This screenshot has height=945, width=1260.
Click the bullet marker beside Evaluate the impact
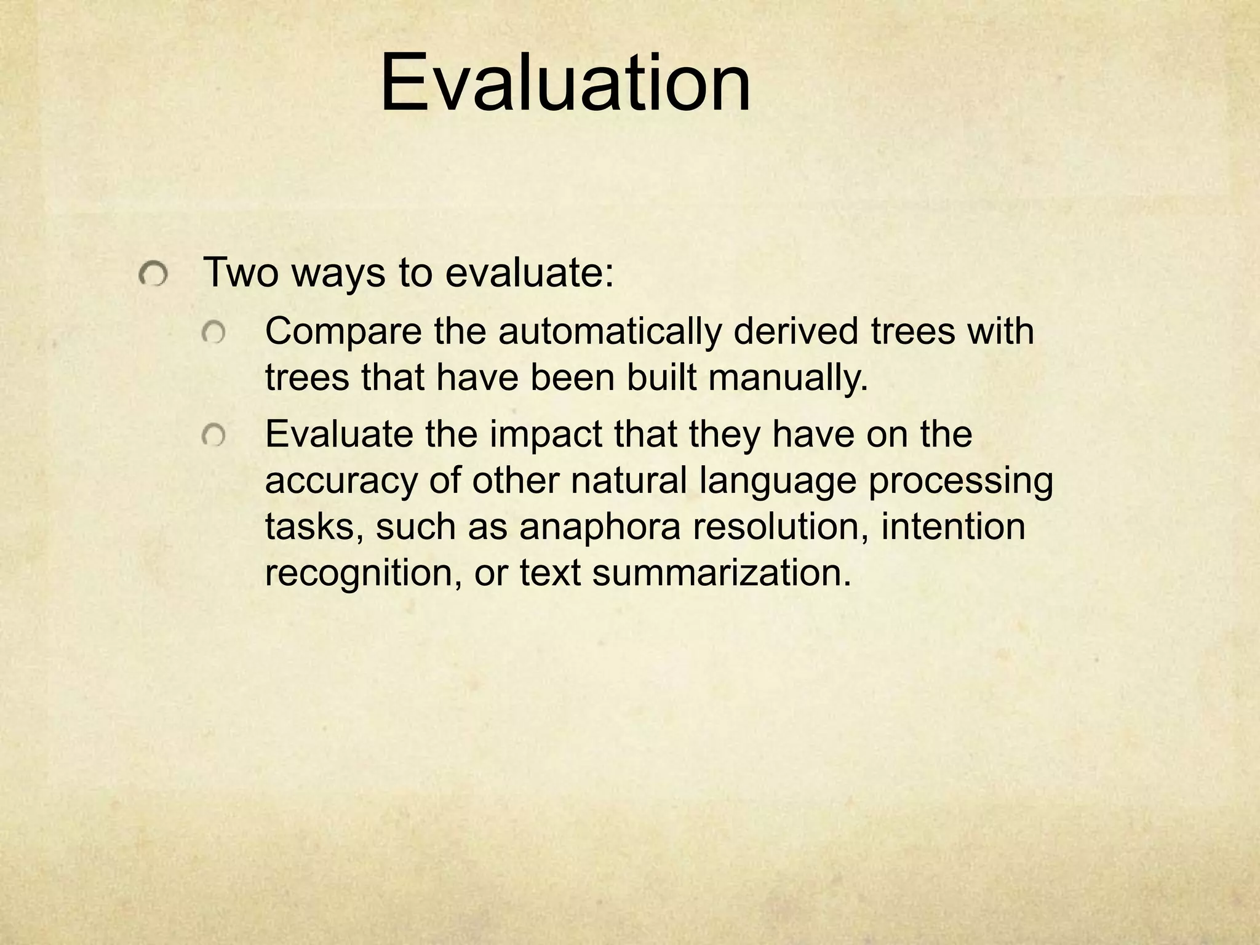point(213,436)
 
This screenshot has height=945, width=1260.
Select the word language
point(778,482)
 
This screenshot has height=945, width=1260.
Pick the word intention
point(953,527)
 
